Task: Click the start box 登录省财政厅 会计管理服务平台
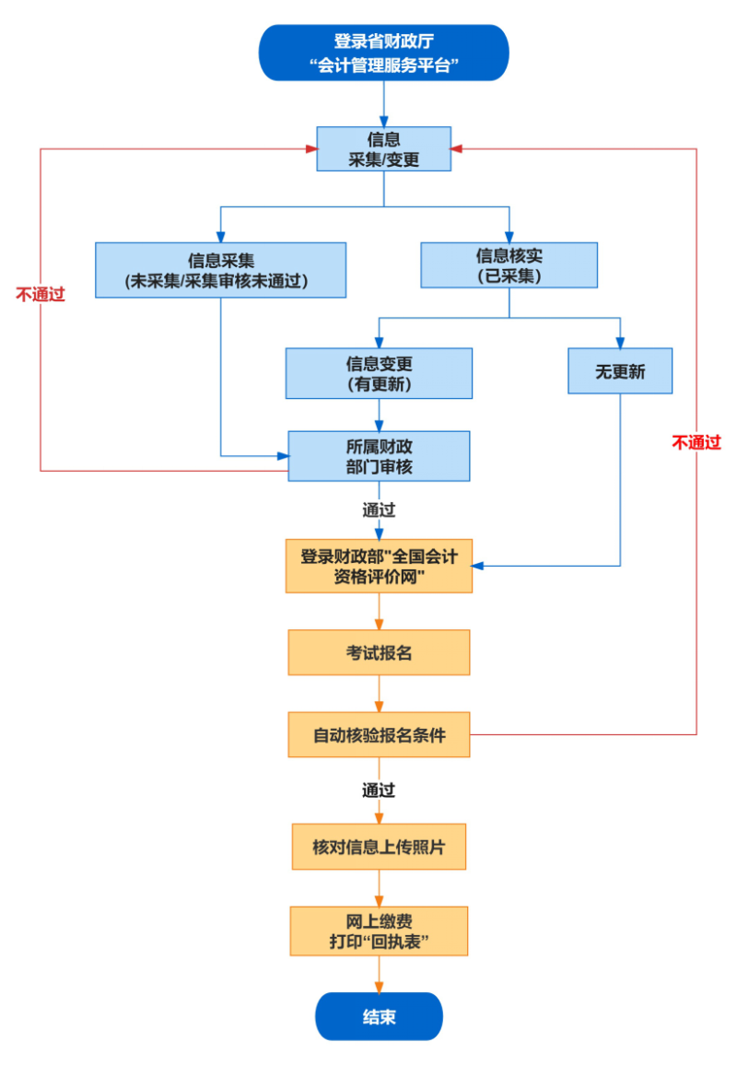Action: (383, 53)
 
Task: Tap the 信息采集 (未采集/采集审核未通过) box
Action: (220, 270)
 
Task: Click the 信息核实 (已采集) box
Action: (509, 265)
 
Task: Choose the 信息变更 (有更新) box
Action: (379, 373)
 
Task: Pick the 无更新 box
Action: (619, 371)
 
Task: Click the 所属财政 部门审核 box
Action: (379, 455)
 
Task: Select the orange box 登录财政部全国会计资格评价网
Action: (379, 566)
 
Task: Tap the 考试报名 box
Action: (379, 653)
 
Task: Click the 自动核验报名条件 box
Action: (379, 735)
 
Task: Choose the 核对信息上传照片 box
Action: (379, 847)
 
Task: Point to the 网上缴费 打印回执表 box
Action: (379, 930)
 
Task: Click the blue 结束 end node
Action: (379, 1016)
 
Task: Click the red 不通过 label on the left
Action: (41, 296)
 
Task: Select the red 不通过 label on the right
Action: (696, 442)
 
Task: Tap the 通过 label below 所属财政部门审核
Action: (379, 509)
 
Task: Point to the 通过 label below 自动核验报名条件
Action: (379, 790)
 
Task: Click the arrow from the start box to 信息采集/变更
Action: (383, 103)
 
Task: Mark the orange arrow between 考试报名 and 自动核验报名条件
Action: (379, 694)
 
